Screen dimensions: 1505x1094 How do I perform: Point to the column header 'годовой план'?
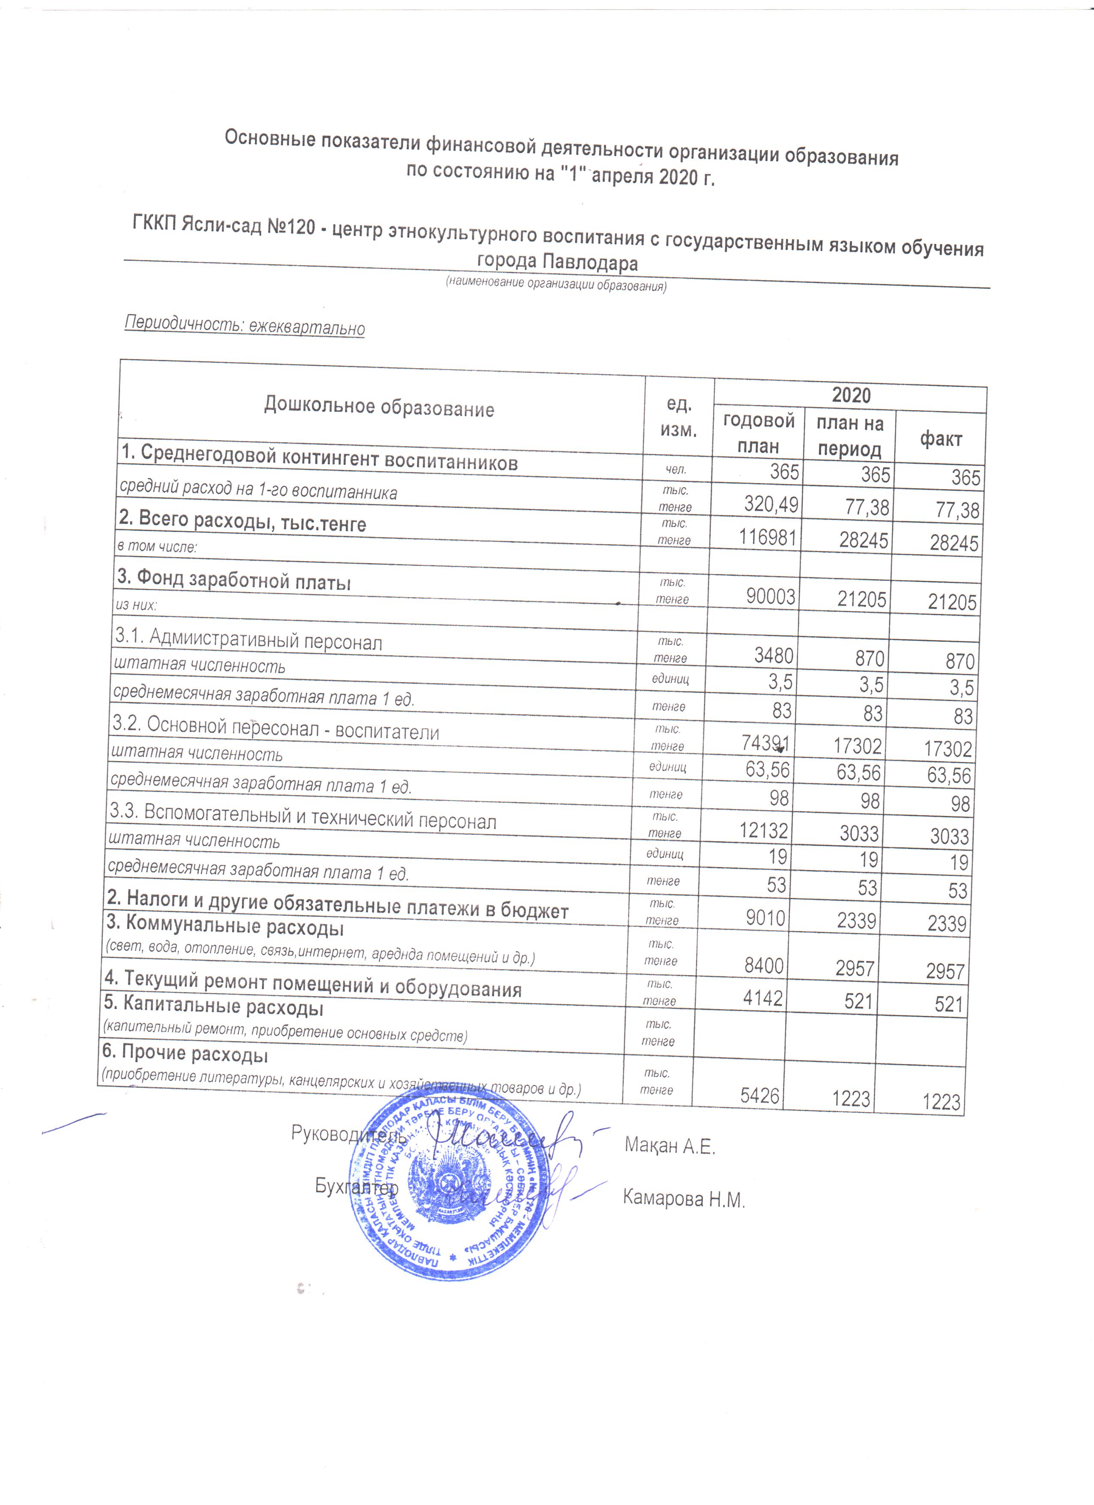point(759,432)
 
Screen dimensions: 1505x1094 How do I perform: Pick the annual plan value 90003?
point(770,597)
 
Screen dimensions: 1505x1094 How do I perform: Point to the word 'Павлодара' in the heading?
point(590,263)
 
